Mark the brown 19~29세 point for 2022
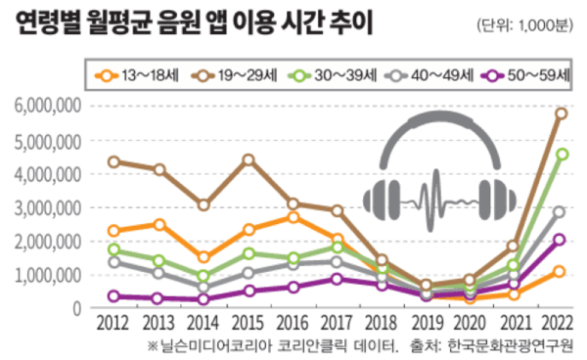tap(560, 113)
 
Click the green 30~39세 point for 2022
tap(560, 155)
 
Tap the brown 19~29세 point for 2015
tap(248, 159)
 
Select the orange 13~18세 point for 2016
tap(293, 217)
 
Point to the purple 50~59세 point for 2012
tap(115, 295)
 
